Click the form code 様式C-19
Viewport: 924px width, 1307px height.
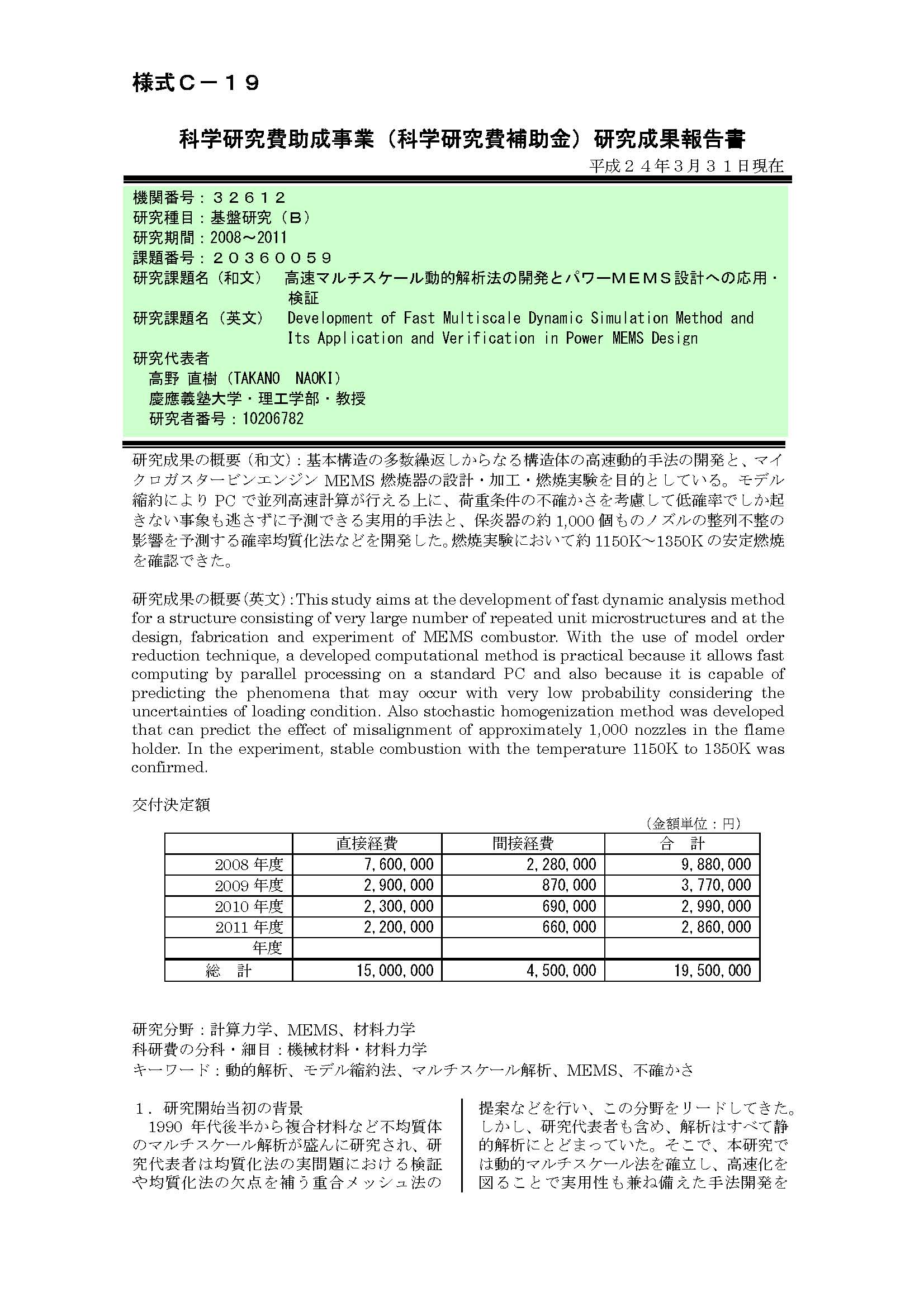pyautogui.click(x=196, y=83)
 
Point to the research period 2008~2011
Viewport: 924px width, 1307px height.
pyautogui.click(x=249, y=237)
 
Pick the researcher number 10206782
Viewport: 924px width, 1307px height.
pyautogui.click(x=273, y=419)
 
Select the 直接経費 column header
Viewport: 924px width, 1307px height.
pyautogui.click(x=367, y=843)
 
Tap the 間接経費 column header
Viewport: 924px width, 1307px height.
pyautogui.click(x=523, y=843)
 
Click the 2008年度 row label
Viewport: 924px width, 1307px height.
pyautogui.click(x=249, y=864)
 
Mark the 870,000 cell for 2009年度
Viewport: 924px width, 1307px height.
pyautogui.click(x=568, y=885)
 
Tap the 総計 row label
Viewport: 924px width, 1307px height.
pyautogui.click(x=228, y=971)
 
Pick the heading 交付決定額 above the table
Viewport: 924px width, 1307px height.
pyautogui.click(x=171, y=804)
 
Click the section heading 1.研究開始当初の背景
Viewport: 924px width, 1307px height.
pyautogui.click(x=219, y=1108)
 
